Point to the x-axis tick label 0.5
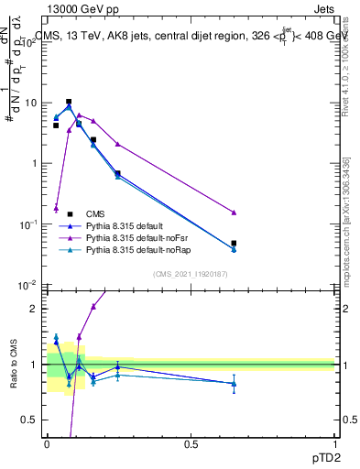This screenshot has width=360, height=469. coord(191,444)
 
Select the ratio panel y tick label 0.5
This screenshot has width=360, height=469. coord(29,420)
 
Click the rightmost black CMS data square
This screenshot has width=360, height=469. coord(234,244)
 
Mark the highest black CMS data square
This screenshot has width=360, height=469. coord(68,102)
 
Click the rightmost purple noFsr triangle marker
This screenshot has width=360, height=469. coord(234,213)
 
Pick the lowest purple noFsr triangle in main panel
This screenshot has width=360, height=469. coord(56,208)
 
